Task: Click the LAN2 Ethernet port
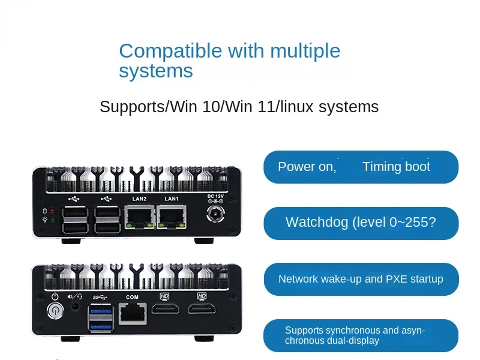pos(139,217)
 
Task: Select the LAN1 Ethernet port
pos(172,217)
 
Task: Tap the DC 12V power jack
pos(214,215)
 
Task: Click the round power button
pos(55,311)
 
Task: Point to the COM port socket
pos(131,313)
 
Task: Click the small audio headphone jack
pos(76,307)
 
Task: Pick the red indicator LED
pos(52,212)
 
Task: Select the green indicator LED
pos(52,221)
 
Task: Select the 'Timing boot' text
pos(396,167)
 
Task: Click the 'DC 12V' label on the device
pos(215,196)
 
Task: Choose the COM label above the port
pos(132,297)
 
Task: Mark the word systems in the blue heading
pos(155,71)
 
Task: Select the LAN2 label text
pos(139,199)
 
